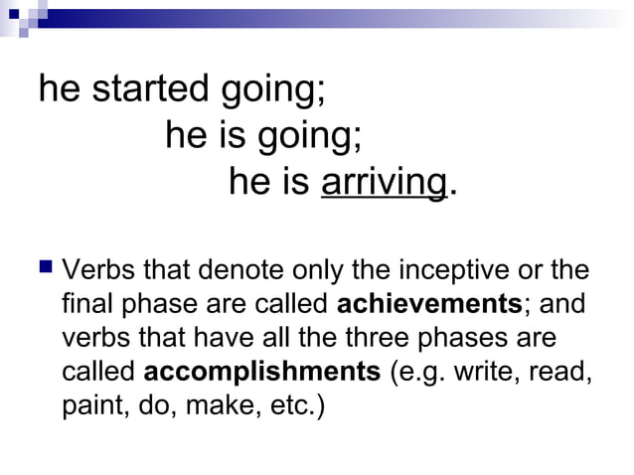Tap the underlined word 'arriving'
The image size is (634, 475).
384,182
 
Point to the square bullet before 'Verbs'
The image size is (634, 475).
45,267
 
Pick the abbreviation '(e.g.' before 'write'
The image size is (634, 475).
419,373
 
